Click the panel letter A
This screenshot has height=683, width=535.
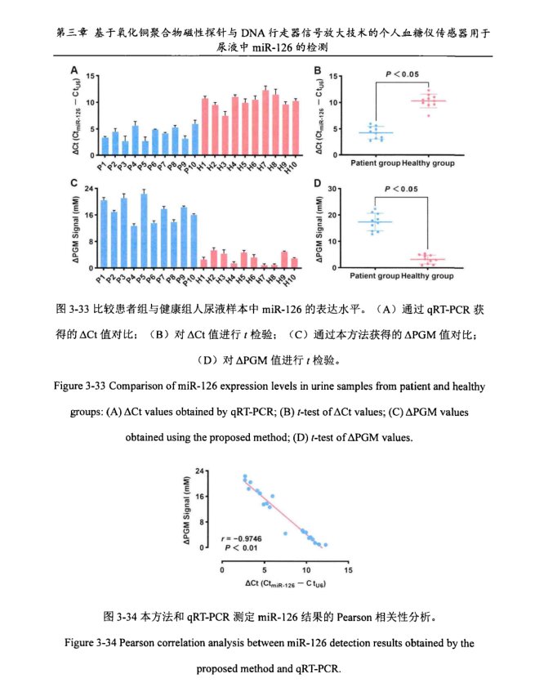point(74,69)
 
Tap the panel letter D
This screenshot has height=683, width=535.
point(319,183)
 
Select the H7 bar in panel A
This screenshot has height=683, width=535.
point(265,115)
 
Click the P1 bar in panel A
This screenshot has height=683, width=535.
point(105,144)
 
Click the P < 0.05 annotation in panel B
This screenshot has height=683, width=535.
point(402,75)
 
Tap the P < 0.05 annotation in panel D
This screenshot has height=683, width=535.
point(402,189)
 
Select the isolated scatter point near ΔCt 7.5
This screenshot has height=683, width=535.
point(285,533)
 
